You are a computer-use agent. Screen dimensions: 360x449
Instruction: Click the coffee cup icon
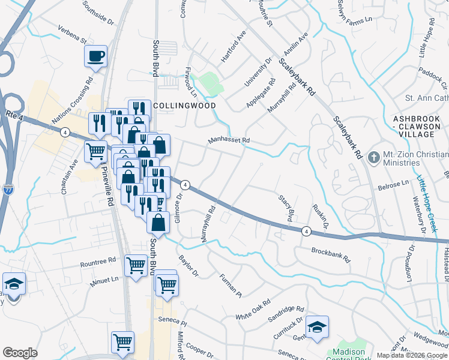pyautogui.click(x=95, y=56)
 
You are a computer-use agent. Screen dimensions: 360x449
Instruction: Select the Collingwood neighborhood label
pyautogui.click(x=184, y=105)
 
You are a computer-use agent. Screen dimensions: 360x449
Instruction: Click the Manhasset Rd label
pyautogui.click(x=229, y=140)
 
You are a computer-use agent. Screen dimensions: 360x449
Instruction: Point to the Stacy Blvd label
pyautogui.click(x=287, y=206)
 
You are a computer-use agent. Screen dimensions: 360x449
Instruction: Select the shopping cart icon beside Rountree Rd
pyautogui.click(x=136, y=264)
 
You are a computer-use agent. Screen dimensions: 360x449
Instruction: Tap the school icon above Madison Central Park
pyautogui.click(x=316, y=327)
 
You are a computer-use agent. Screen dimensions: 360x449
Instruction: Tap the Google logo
pyautogui.click(x=20, y=353)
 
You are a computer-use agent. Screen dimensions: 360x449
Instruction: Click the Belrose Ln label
pyautogui.click(x=393, y=187)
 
